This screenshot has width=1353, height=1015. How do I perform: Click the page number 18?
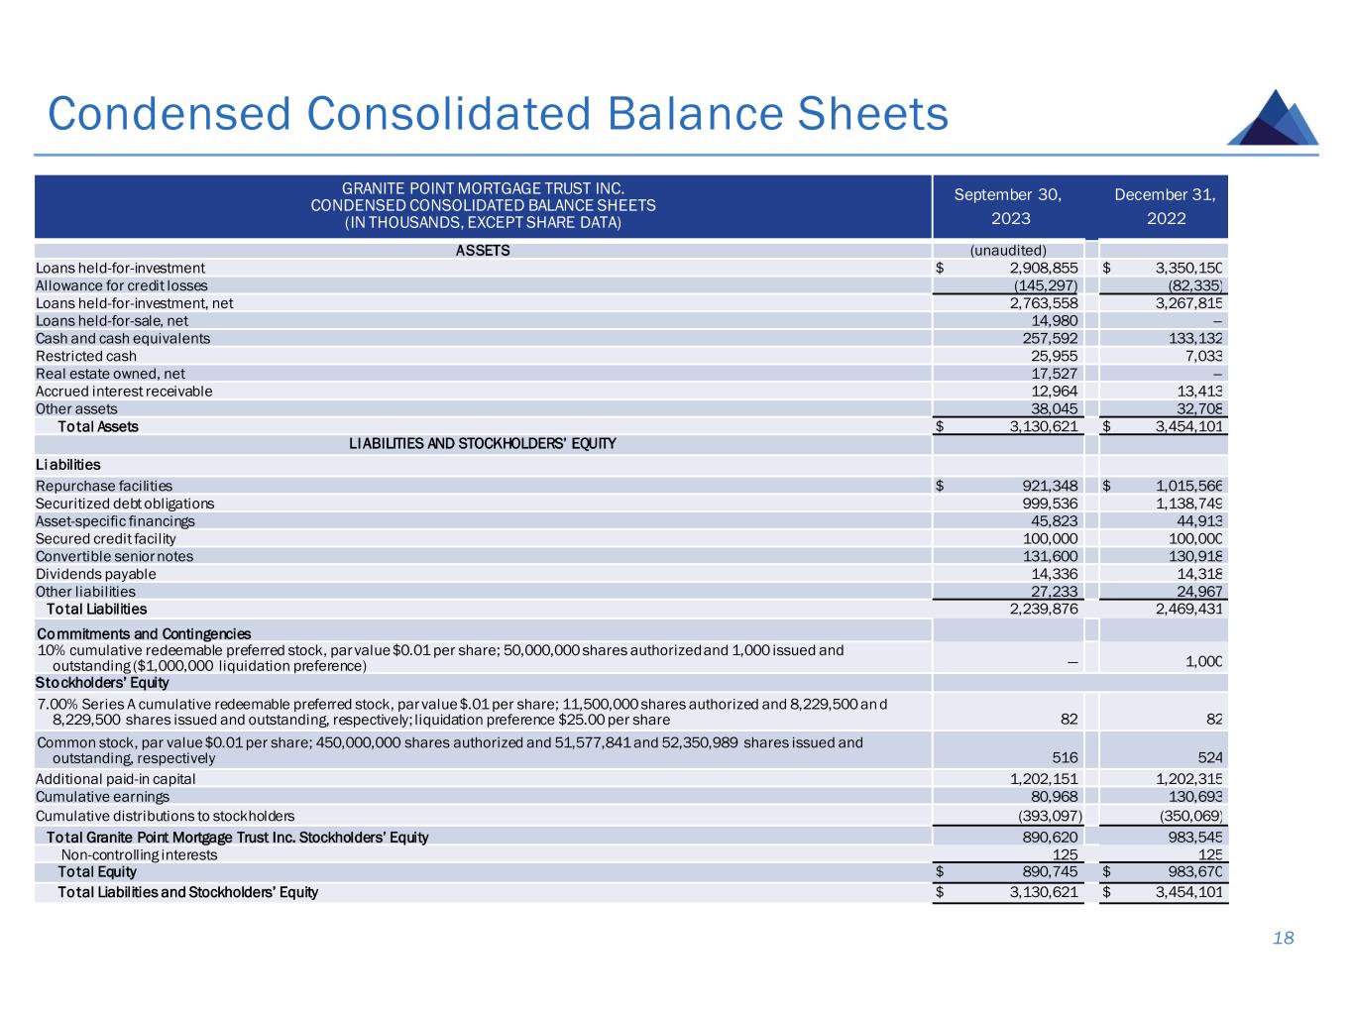coord(1284,938)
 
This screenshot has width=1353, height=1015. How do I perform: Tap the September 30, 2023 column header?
coord(1008,206)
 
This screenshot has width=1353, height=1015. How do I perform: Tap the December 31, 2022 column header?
coord(1166,206)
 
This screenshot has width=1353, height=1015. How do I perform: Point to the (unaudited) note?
coord(1008,250)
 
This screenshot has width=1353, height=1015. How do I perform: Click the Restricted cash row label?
coord(86,356)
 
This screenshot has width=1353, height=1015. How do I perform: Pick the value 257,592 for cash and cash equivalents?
coord(1042,338)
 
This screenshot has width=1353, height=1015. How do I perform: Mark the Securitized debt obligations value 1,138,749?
coord(1188,504)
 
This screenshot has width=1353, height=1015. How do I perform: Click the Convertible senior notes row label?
coord(115,556)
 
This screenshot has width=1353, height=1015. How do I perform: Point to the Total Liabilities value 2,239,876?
coord(1043,609)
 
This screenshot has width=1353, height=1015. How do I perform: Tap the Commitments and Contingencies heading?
coord(144,633)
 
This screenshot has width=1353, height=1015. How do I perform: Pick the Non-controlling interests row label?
coord(139,854)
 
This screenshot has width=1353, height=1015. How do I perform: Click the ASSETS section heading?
coord(483,250)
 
